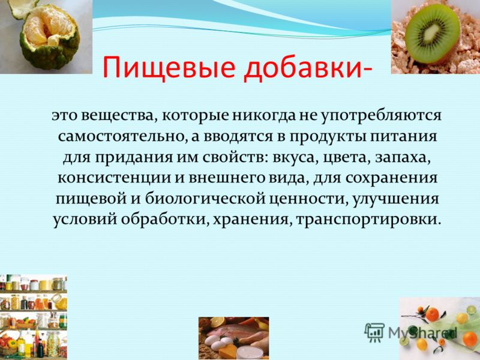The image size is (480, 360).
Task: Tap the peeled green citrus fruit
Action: (x=49, y=37)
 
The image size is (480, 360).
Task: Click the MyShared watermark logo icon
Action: (x=374, y=332)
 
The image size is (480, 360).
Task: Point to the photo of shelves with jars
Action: (x=34, y=317)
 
